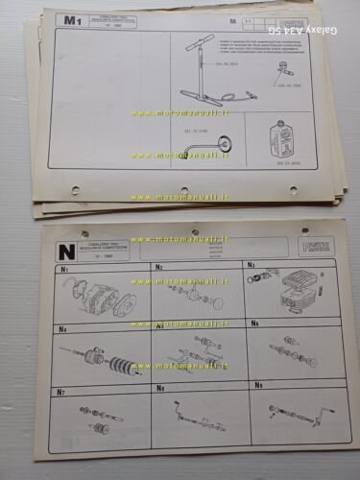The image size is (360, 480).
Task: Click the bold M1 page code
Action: (x=70, y=20)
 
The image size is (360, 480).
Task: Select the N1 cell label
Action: (x=64, y=270)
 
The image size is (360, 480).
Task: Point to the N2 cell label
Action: (x=159, y=268)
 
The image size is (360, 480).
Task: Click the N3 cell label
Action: (x=251, y=265)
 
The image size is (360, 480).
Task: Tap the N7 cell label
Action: (x=60, y=392)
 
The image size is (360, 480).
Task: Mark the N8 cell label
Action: (x=159, y=389)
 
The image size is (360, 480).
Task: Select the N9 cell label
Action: (x=257, y=385)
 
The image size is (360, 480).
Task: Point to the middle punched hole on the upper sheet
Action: (x=183, y=190)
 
